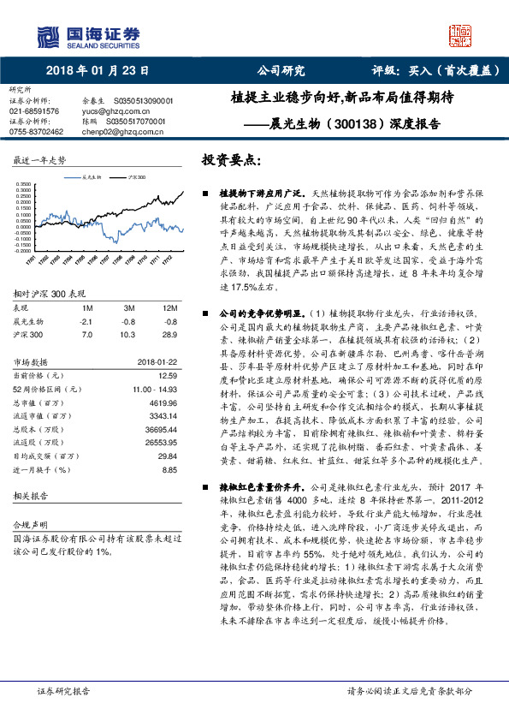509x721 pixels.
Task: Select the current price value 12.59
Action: pyautogui.click(x=168, y=374)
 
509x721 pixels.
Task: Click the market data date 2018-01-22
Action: pyautogui.click(x=157, y=362)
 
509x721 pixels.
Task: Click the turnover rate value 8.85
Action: pyautogui.click(x=168, y=469)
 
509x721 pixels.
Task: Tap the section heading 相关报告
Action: pyautogui.click(x=29, y=496)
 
